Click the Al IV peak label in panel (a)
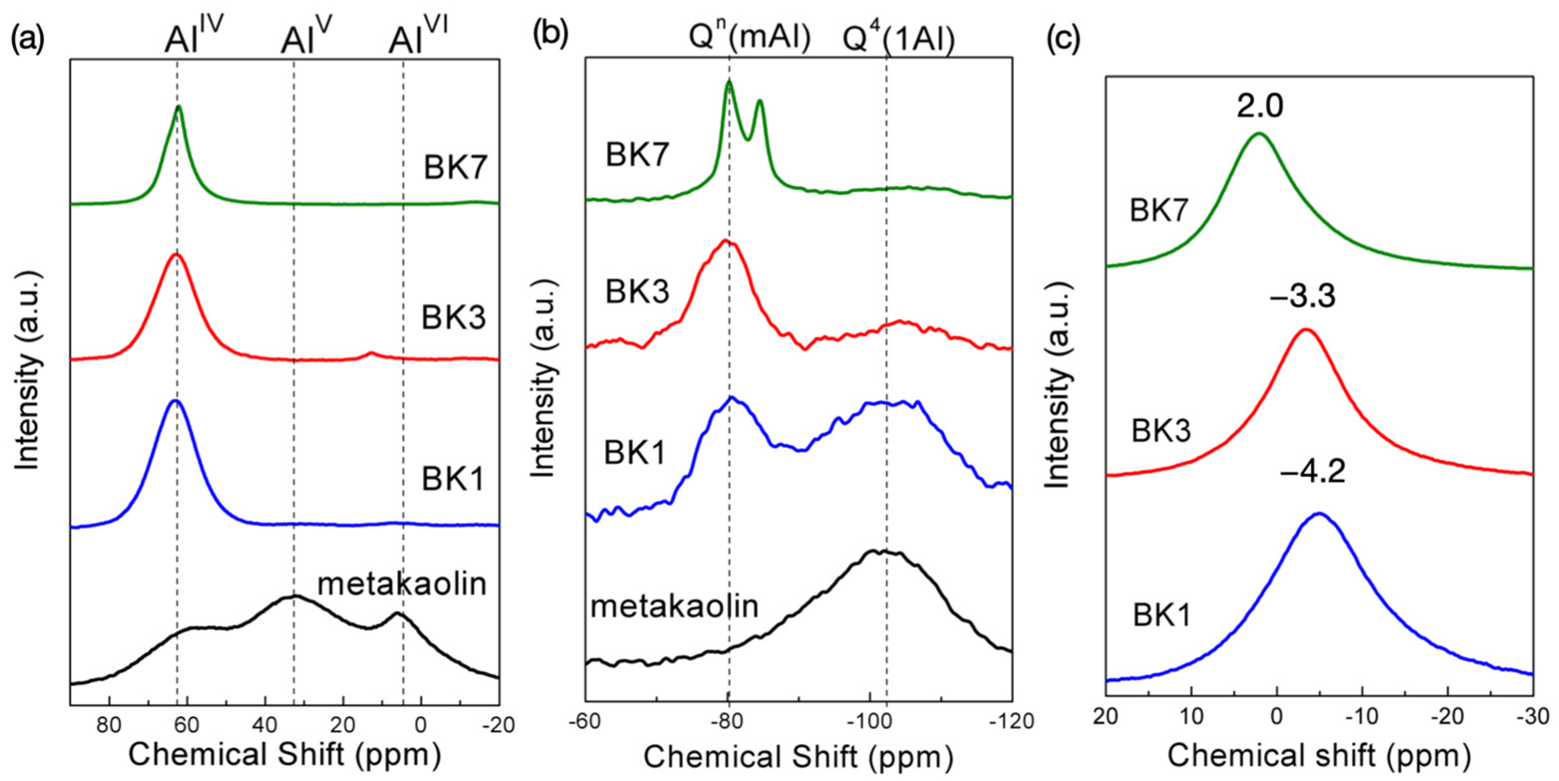[194, 40]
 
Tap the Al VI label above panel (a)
[418, 40]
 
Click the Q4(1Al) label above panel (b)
[899, 40]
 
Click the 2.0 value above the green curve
[1260, 107]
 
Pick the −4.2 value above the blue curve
[1313, 471]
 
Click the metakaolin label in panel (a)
[402, 584]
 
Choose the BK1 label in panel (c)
[1161, 615]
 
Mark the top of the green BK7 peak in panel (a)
[178, 107]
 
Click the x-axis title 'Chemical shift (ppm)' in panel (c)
[1319, 756]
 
